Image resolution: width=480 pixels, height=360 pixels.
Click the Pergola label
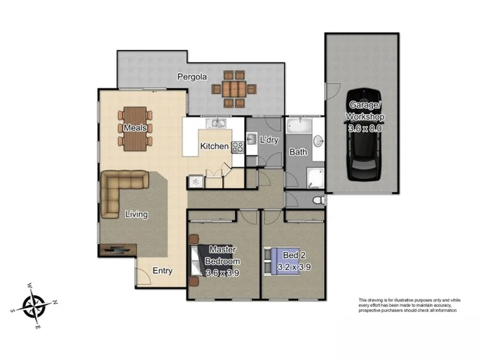pyautogui.click(x=192, y=77)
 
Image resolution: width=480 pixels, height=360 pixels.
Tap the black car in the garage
pyautogui.click(x=364, y=134)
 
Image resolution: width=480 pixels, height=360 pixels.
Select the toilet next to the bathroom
pyautogui.click(x=319, y=201)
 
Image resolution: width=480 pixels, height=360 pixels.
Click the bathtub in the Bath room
pyautogui.click(x=299, y=125)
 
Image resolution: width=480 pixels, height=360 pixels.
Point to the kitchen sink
pyautogui.click(x=216, y=123)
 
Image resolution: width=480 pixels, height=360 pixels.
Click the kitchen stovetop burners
pyautogui.click(x=237, y=147)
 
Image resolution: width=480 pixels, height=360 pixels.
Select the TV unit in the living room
pyautogui.click(x=117, y=250)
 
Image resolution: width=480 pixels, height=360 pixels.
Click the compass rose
pyautogui.click(x=34, y=306)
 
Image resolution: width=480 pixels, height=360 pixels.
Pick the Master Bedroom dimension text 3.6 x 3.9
pyautogui.click(x=223, y=273)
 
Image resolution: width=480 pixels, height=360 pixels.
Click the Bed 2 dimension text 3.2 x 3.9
pyautogui.click(x=294, y=267)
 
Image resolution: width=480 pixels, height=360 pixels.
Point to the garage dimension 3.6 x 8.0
pyautogui.click(x=365, y=128)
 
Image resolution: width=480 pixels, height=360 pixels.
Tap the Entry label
pyautogui.click(x=162, y=271)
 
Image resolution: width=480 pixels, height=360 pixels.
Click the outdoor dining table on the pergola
pyautogui.click(x=234, y=89)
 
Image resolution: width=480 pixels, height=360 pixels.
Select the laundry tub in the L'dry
pyautogui.click(x=252, y=139)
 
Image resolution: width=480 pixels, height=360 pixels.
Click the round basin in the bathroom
pyautogui.click(x=319, y=141)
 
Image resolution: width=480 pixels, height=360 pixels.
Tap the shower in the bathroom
pyautogui.click(x=315, y=178)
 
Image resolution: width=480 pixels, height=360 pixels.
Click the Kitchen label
pyautogui.click(x=214, y=146)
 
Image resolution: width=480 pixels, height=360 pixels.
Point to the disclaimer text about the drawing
pyautogui.click(x=409, y=305)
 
